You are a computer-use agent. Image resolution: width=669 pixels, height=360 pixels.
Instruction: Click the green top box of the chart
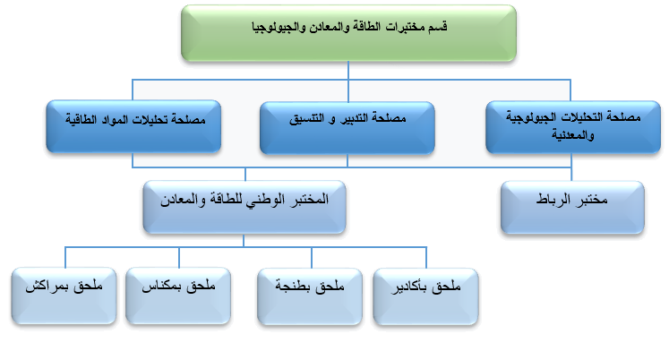tap(348, 33)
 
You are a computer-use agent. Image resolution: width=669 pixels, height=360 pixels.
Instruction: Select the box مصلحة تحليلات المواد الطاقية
tap(133, 126)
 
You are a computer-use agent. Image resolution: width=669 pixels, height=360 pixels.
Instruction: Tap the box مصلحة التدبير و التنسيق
tap(347, 128)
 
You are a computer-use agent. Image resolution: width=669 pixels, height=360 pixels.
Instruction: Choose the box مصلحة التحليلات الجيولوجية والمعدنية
tap(573, 127)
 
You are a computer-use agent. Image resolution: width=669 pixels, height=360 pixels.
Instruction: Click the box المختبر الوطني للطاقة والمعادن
tap(244, 207)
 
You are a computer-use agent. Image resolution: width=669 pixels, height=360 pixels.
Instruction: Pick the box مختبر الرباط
tap(572, 207)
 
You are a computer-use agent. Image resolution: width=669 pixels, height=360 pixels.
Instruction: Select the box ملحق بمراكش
tap(64, 296)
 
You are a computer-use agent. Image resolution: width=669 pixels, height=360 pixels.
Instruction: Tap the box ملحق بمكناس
tap(178, 296)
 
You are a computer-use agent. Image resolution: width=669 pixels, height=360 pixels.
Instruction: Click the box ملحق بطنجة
tap(310, 296)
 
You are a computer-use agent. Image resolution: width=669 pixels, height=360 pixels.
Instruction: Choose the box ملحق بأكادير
tap(425, 296)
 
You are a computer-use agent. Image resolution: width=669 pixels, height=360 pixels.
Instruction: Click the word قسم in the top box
tap(437, 27)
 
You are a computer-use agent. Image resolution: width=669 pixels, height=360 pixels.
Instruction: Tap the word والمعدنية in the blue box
tap(573, 135)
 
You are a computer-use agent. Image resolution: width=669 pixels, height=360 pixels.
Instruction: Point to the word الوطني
tap(268, 200)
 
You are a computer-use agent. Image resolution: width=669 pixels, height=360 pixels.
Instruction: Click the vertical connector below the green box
tap(348, 71)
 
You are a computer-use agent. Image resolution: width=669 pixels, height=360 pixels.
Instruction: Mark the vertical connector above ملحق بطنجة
tap(312, 258)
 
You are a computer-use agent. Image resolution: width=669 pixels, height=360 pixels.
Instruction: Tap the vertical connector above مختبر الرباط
tap(571, 167)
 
